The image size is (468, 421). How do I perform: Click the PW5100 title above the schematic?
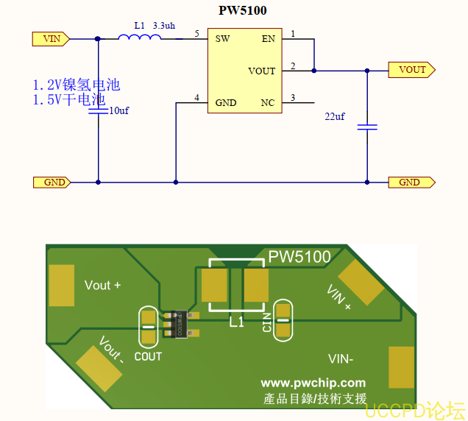(243, 10)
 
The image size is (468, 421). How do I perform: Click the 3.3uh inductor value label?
(164, 25)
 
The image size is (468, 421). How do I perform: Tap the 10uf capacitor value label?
(119, 110)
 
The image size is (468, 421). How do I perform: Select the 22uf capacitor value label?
(335, 117)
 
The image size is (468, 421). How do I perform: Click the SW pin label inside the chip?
(222, 38)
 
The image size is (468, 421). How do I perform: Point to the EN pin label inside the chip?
(268, 38)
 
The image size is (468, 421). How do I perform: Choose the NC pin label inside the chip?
(267, 102)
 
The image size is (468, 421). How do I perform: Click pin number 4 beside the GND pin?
(196, 97)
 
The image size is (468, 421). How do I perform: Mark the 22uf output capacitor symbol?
(367, 127)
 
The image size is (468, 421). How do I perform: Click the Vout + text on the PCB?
(102, 285)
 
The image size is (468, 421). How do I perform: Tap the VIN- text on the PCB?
(341, 359)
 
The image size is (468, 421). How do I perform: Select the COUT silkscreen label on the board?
(148, 356)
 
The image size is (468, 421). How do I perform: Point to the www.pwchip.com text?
(313, 383)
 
